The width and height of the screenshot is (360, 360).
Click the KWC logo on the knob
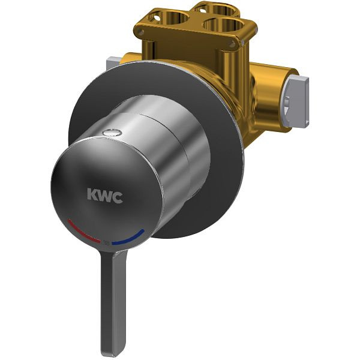point(105,196)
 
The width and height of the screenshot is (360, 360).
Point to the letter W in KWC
point(104,196)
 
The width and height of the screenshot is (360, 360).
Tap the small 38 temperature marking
point(106,243)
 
